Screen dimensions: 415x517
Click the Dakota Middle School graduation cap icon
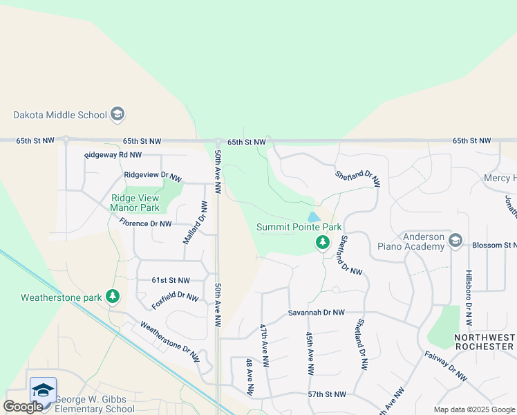pos(117,114)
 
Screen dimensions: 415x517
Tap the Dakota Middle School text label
pos(60,115)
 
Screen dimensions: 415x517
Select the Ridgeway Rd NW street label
pos(113,156)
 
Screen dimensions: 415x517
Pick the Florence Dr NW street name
pos(145,223)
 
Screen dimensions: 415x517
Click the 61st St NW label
pos(171,280)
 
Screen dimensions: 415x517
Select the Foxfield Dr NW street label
pos(176,297)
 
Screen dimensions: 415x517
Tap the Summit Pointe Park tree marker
pos(322,243)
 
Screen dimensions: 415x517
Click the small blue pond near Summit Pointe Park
pos(314,217)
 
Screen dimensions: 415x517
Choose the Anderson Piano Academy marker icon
pos(455,241)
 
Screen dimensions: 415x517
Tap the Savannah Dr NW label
pos(316,313)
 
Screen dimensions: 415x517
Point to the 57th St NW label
pos(326,394)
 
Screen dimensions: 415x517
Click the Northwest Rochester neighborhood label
pos(485,341)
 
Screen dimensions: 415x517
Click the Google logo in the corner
pos(23,407)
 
